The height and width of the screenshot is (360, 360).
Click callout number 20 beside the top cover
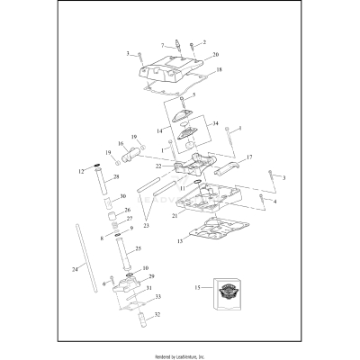[x=215, y=55]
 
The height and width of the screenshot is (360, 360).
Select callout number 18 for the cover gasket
[x=219, y=69]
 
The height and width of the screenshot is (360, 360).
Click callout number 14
[x=160, y=131]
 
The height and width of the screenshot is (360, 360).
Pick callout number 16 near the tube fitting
[x=121, y=143]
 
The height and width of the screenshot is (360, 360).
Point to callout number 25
[x=138, y=248]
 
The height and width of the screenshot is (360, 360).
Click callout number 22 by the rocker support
[x=158, y=166]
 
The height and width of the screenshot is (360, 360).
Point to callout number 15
[x=195, y=289]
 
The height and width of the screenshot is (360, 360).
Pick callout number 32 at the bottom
[x=159, y=315]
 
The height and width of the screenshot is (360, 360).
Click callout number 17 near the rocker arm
[x=248, y=157]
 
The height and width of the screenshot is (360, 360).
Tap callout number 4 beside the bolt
[x=275, y=202]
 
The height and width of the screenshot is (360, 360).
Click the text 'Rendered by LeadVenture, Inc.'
[x=180, y=355]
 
